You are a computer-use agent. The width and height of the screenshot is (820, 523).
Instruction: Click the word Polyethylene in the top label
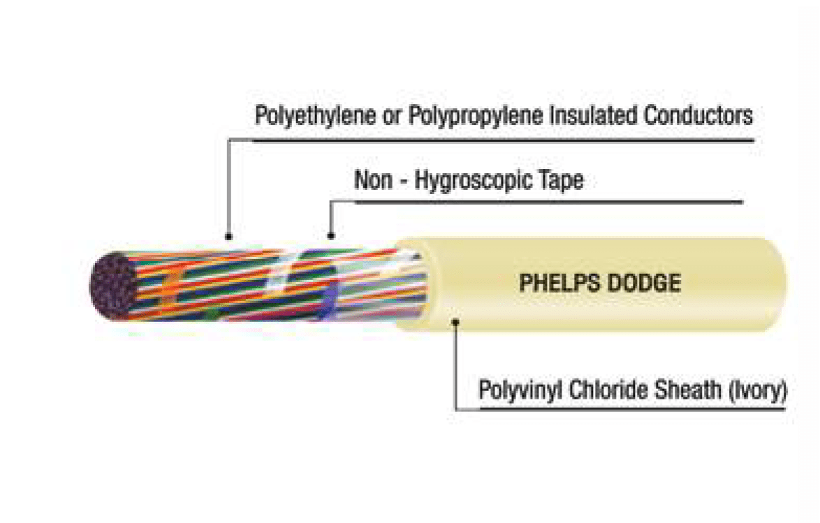pos(315,116)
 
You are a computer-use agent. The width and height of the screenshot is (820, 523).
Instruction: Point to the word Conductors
pos(698,115)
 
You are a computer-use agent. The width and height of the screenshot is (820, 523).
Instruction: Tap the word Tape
pos(562,180)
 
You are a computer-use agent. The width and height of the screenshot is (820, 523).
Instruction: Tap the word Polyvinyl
pos(520,390)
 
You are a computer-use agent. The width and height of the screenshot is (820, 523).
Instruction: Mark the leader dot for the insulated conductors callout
pos(228,237)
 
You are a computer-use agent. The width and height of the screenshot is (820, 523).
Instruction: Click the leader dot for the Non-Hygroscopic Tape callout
pos(330,237)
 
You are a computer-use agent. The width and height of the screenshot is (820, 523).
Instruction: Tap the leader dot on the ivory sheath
pos(455,322)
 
